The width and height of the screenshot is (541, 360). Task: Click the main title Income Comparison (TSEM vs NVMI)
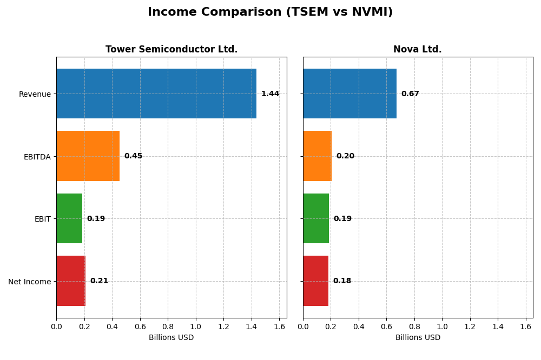point(270,12)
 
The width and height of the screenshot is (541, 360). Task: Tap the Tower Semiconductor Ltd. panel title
point(171,50)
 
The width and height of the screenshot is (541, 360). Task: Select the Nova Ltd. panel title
point(417,50)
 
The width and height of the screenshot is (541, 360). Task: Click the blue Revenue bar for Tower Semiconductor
point(156,94)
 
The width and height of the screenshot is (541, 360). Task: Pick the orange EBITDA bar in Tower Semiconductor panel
point(88,156)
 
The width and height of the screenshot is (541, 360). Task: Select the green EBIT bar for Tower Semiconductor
point(69,218)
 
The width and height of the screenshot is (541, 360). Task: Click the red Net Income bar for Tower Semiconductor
point(71,281)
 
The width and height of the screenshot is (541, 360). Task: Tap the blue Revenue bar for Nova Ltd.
point(349,94)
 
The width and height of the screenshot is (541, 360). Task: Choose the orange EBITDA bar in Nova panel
point(317,156)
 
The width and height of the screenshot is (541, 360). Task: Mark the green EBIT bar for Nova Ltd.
point(316,218)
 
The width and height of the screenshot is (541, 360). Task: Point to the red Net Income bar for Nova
point(315,281)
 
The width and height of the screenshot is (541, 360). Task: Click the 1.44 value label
point(270,94)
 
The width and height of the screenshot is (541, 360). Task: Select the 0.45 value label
point(133,156)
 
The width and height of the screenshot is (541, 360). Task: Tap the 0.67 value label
point(410,94)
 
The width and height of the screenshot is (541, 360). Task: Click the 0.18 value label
point(342,281)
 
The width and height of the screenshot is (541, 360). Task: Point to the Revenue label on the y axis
point(35,94)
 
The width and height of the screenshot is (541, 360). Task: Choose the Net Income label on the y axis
point(30,282)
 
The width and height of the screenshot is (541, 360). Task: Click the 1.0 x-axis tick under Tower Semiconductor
point(195,326)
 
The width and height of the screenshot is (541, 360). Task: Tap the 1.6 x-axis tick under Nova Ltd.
point(526,326)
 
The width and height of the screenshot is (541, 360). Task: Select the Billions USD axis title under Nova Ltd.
point(418,338)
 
